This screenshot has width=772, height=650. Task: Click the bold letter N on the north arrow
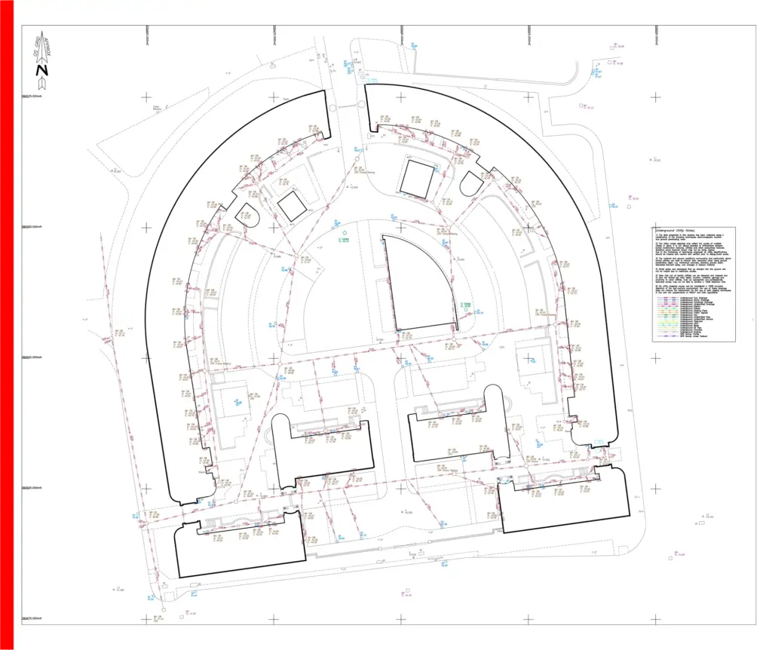(x=42, y=71)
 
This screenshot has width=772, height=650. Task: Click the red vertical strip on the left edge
(x=7, y=324)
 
